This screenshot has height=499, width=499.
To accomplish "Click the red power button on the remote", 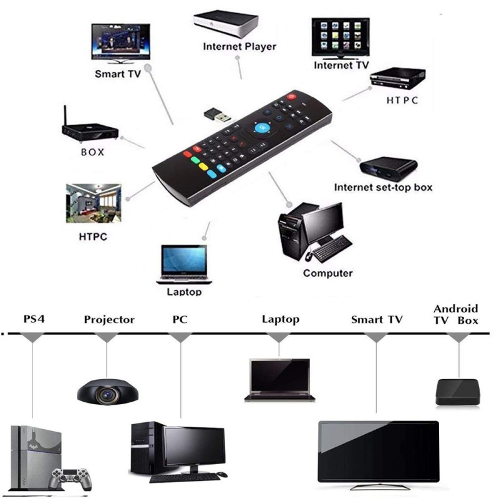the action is pos(291,96).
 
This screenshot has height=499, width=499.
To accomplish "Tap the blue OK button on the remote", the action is pos(263,128).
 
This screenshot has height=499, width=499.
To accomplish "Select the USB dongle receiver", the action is pos(217,115).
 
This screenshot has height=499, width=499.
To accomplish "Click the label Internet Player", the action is pos(240,46).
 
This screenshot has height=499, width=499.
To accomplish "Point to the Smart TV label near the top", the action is pos(118,74).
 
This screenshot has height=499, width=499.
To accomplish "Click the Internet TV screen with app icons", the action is pos(341,37).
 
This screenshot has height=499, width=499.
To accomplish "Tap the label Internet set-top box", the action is pos(383,188).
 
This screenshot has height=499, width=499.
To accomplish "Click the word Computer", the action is pos(328,273).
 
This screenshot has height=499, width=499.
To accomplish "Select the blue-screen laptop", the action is pos(184,264).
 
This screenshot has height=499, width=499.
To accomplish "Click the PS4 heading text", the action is pos(34,319).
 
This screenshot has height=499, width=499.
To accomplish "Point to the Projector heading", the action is pos(109,319).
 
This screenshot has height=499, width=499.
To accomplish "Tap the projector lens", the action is pos(107,394).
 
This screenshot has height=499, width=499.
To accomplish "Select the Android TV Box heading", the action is pos(456,314).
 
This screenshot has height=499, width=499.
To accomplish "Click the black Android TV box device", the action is pos(457,392).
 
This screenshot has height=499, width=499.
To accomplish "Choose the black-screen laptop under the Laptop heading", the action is pos(279,380).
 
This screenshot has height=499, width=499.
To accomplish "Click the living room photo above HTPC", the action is pos(94,203).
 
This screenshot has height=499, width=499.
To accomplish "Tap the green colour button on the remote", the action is pos(195,160).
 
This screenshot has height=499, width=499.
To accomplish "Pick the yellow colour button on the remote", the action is pos(203,167).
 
